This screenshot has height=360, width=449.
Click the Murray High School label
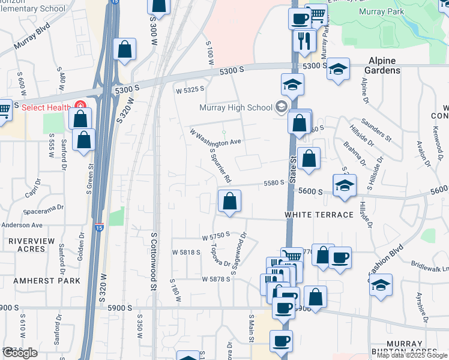pyautogui.click(x=236, y=108)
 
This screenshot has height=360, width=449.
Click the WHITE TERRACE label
pyautogui.click(x=319, y=215)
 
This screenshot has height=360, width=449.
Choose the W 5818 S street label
pyautogui.click(x=186, y=253)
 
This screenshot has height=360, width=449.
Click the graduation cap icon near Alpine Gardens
pyautogui.click(x=338, y=68)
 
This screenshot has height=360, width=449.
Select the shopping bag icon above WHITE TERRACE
pyautogui.click(x=229, y=201)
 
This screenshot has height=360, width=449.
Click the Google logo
pyautogui.click(x=20, y=353)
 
